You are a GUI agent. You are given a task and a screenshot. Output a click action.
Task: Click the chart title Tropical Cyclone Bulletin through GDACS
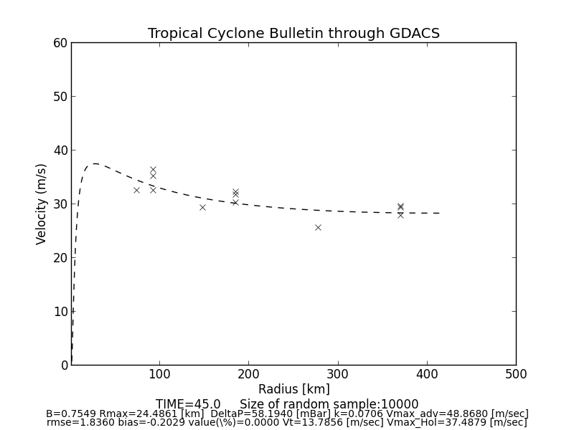(x=293, y=34)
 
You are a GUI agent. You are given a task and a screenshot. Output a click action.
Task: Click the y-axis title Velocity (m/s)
(x=42, y=204)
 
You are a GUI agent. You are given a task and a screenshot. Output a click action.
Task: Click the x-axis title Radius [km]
(x=293, y=389)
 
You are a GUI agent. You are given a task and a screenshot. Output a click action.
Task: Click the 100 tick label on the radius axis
(x=159, y=374)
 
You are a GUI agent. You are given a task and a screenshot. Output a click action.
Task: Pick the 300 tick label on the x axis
(x=337, y=374)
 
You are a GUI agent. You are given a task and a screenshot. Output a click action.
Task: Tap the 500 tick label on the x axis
(x=515, y=374)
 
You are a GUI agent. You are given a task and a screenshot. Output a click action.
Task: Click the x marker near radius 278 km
(x=318, y=227)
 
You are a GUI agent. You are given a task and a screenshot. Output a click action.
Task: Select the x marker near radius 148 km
(x=202, y=207)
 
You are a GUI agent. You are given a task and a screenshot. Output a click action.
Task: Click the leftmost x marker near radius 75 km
(x=136, y=190)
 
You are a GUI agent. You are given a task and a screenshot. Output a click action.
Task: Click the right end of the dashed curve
(x=440, y=213)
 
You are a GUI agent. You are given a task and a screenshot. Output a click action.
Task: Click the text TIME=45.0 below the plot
(x=188, y=404)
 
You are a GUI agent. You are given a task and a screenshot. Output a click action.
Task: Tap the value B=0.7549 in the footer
(x=71, y=414)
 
